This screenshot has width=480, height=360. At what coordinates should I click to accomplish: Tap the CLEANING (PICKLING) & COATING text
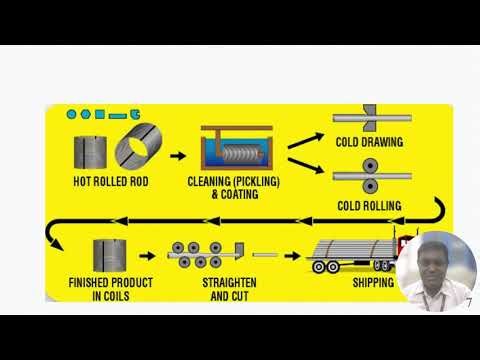tap(235, 187)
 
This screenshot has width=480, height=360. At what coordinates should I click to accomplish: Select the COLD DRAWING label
tap(368, 142)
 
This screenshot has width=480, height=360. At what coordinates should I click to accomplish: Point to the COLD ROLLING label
tap(368, 206)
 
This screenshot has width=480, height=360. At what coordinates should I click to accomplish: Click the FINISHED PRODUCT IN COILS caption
tap(110, 289)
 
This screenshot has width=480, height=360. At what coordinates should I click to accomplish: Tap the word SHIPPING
tap(372, 283)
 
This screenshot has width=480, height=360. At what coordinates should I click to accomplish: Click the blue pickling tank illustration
tap(235, 155)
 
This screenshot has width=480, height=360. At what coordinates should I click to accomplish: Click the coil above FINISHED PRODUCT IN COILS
tap(109, 255)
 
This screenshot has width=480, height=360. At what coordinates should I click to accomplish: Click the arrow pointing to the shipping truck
tap(291, 255)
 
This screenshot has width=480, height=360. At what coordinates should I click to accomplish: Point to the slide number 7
tap(468, 303)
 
